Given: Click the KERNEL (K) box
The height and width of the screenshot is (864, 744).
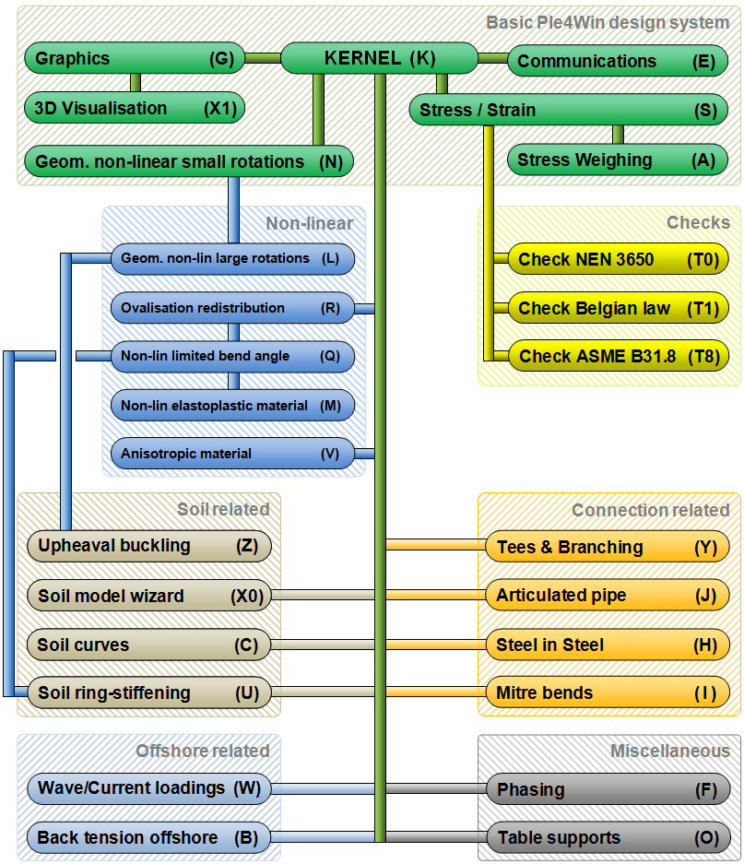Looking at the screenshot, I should tap(379, 58).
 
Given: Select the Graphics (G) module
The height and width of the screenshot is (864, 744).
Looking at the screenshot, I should tap(135, 59).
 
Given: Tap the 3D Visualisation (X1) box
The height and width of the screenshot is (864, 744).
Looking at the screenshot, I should tap(135, 108).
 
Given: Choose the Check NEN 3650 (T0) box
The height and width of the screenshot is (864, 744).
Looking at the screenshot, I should tap(618, 259).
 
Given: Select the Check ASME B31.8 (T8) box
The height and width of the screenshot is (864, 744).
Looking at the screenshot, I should tap(618, 356).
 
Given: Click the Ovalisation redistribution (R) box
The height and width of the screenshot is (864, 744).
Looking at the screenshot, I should tap(231, 308).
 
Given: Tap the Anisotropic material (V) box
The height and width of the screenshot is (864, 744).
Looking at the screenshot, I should tap(231, 454).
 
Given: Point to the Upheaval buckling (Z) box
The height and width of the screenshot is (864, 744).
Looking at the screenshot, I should tap(148, 546).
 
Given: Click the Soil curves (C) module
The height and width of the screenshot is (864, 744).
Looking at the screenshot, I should tap(148, 645).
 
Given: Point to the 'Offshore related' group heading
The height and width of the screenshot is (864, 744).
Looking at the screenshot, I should tap(203, 751).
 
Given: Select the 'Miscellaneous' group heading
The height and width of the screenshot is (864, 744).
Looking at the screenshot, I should tap(669, 752).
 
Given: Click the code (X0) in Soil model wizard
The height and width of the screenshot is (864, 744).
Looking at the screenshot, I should tap(246, 597).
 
